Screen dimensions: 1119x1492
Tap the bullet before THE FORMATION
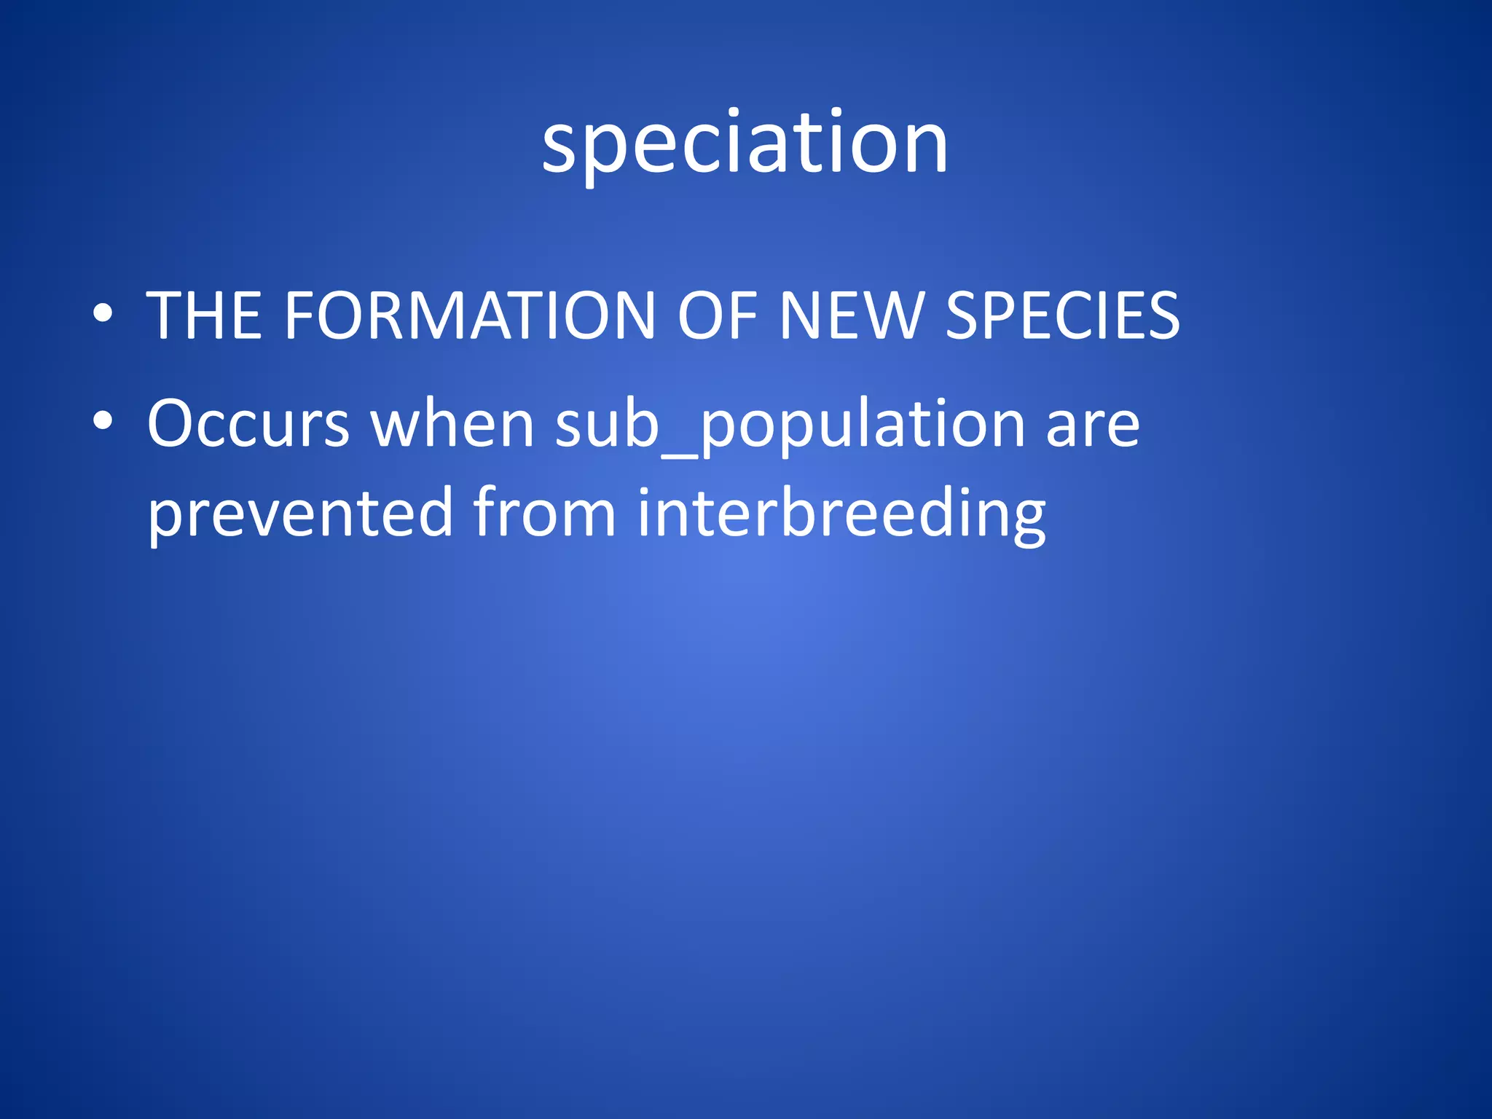click(x=103, y=314)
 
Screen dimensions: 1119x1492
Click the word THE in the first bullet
click(x=204, y=315)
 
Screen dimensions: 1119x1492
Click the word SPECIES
click(x=1062, y=315)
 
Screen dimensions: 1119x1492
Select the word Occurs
click(x=248, y=424)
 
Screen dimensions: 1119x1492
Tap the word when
click(x=452, y=424)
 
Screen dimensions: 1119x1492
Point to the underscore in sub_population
click(x=679, y=455)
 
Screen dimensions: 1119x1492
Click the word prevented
click(x=300, y=514)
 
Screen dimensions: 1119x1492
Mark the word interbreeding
click(x=841, y=514)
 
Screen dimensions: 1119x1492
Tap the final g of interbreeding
click(x=1025, y=521)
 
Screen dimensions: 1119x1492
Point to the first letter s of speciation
click(x=561, y=149)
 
